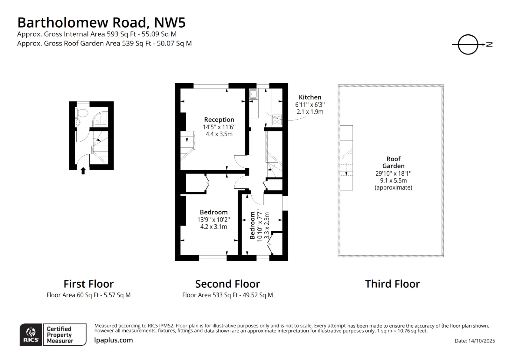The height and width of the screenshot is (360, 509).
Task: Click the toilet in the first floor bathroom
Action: click(82, 113)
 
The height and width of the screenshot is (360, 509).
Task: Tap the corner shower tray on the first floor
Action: click(101, 119)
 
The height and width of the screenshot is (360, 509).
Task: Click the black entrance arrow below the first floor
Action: click(83, 171)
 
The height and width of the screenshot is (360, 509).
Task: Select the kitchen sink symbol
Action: click(254, 94)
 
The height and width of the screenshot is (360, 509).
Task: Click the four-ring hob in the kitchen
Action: click(276, 120)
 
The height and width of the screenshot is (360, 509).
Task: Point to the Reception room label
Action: click(219, 120)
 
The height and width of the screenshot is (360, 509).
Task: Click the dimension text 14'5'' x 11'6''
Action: click(219, 127)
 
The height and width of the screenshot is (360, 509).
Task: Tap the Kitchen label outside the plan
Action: click(310, 97)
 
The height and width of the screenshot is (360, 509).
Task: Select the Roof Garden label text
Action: click(393, 162)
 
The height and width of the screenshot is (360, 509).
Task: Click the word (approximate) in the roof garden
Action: click(393, 187)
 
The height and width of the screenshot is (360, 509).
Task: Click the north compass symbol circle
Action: click(468, 45)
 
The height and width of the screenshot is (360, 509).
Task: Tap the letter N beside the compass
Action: click(490, 45)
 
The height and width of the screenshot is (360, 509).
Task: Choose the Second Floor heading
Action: click(227, 284)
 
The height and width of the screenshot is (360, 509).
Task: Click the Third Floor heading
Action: click(392, 284)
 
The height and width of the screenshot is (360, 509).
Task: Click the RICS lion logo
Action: click(31, 335)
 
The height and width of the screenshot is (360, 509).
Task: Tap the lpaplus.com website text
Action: click(114, 340)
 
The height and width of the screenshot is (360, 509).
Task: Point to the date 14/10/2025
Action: click(481, 341)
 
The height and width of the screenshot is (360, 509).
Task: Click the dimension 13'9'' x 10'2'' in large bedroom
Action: click(213, 220)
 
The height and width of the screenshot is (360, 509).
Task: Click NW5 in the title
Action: click(170, 23)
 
